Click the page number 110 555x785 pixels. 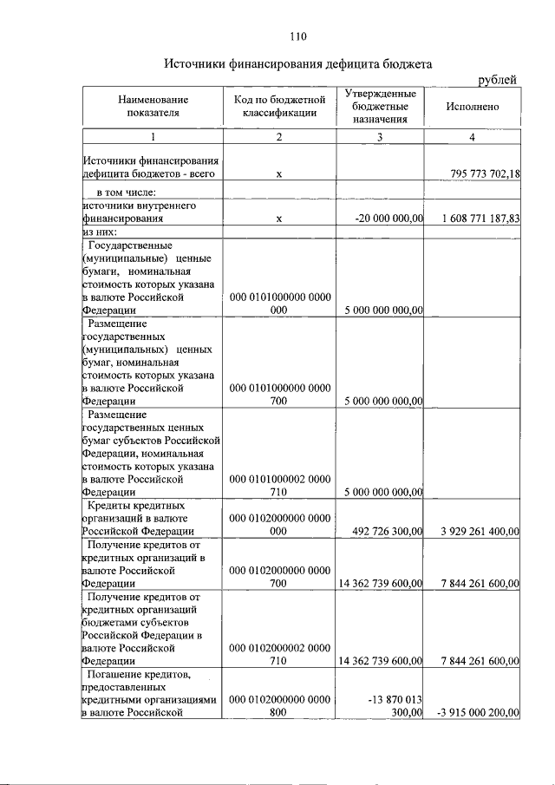298,36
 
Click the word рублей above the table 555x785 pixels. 499,80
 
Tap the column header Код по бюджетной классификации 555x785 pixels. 278,107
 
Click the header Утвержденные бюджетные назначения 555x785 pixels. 380,107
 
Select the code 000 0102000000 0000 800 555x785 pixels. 278,705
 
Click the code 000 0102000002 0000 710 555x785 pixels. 278,653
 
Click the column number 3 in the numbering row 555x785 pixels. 380,138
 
